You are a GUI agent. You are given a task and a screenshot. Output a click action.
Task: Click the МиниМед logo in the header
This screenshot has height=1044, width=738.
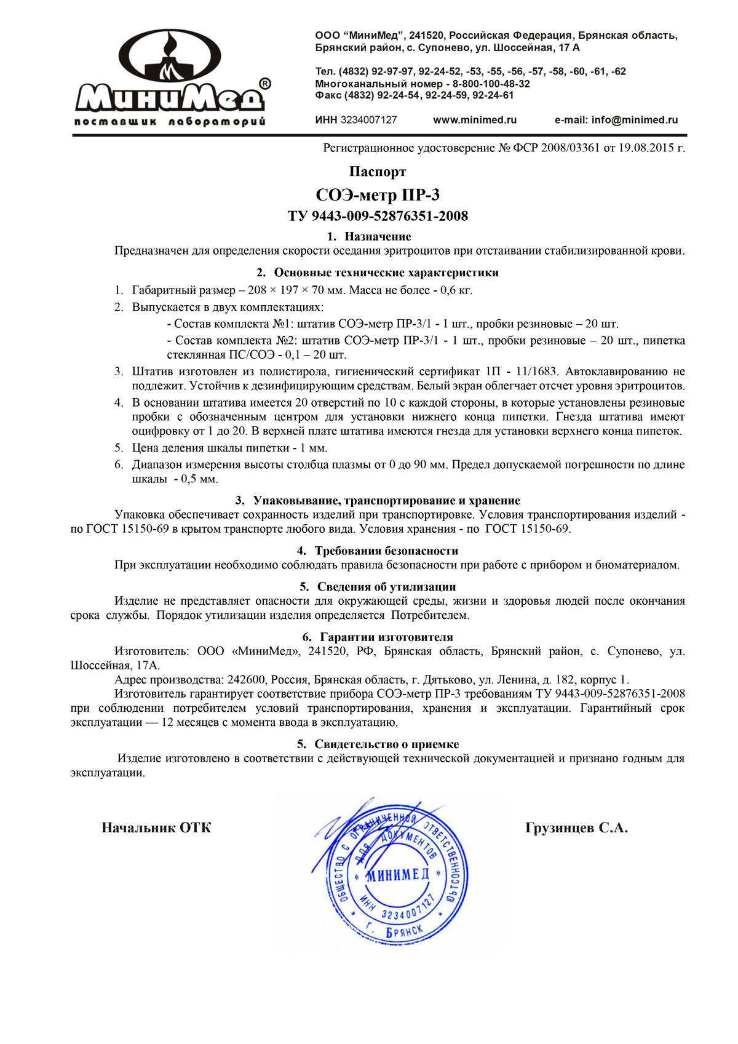click(171, 77)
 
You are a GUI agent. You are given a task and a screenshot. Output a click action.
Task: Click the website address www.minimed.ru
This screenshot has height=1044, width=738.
click(474, 120)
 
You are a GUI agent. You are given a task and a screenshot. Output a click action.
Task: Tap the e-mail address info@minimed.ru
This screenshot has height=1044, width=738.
click(634, 120)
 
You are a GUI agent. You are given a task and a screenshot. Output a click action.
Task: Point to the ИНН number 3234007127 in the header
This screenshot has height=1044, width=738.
click(368, 120)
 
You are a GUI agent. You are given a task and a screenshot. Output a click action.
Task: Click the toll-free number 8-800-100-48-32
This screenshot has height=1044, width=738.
click(491, 84)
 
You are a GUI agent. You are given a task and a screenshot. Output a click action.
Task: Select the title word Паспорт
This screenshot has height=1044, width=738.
click(377, 172)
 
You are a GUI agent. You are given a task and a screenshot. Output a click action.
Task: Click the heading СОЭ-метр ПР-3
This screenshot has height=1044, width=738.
click(377, 195)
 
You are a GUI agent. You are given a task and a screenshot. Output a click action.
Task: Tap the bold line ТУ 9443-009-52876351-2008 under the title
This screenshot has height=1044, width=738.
click(377, 216)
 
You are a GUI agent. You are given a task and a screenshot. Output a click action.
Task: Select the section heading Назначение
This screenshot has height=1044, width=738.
click(377, 236)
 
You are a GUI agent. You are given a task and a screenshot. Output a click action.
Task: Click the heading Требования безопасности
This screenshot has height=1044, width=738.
click(386, 551)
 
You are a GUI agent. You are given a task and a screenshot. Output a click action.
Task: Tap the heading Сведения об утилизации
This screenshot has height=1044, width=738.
click(386, 587)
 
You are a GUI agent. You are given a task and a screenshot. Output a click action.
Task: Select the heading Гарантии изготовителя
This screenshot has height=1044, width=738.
click(386, 637)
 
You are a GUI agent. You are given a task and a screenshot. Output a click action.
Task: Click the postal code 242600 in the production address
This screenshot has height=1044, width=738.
click(246, 680)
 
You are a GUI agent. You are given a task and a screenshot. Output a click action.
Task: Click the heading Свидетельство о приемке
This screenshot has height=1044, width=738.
click(386, 744)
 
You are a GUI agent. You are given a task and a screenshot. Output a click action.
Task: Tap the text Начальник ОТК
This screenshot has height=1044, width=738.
click(156, 828)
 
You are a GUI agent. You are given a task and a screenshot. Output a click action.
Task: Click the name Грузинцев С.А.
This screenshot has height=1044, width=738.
click(576, 828)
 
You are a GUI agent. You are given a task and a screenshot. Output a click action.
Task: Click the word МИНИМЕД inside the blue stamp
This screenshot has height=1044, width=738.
click(397, 875)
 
